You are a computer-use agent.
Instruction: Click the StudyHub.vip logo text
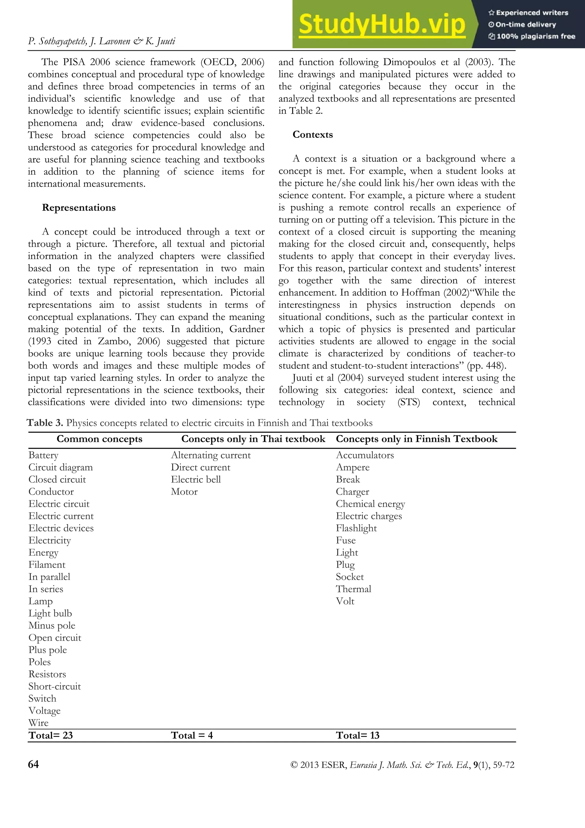(x=382, y=25)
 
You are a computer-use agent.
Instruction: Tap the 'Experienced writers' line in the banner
(x=528, y=13)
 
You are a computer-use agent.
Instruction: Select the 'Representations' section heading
(x=79, y=208)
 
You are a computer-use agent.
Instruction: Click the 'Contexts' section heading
(x=312, y=135)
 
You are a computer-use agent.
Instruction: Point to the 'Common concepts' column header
(x=99, y=439)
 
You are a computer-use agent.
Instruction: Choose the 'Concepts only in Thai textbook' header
(x=253, y=439)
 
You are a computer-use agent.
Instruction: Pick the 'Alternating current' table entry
(x=211, y=455)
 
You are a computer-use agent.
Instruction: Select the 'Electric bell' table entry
(x=196, y=479)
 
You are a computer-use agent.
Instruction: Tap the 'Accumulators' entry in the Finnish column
(x=365, y=455)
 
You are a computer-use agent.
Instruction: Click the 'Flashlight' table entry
(x=356, y=528)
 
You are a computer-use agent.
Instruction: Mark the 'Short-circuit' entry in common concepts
(x=55, y=686)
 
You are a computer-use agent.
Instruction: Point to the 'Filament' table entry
(x=47, y=564)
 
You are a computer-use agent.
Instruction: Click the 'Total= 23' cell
(x=51, y=735)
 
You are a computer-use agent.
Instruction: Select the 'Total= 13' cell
(x=358, y=735)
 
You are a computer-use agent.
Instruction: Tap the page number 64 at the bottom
(x=33, y=765)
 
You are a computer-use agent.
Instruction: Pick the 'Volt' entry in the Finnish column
(x=345, y=601)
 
